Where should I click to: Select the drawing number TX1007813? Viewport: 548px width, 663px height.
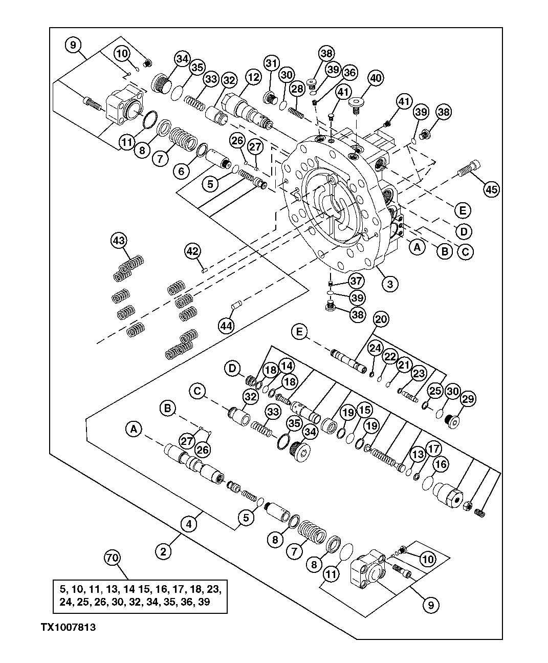tap(69, 627)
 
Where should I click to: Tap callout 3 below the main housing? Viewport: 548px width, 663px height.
tap(390, 284)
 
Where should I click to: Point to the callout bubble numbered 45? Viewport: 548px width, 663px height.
tap(491, 189)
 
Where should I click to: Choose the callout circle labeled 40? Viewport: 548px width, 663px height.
tap(376, 78)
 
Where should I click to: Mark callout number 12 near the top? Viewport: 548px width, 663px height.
tap(252, 78)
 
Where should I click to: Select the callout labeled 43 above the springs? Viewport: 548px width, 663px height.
tap(119, 240)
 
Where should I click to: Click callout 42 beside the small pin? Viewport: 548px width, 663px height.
tap(192, 251)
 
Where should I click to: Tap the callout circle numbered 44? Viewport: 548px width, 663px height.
tap(226, 325)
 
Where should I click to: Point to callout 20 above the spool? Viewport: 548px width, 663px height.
tap(380, 319)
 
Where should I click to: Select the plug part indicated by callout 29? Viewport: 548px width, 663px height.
tap(452, 421)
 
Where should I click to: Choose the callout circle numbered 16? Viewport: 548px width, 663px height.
tap(441, 464)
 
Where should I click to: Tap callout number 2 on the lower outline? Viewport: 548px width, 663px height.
tap(164, 551)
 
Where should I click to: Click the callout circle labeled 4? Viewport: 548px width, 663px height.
tap(189, 524)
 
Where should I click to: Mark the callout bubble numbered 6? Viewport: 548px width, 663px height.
tap(181, 172)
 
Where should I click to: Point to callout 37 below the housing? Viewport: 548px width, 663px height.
tap(357, 281)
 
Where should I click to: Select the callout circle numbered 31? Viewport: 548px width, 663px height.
tap(272, 63)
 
